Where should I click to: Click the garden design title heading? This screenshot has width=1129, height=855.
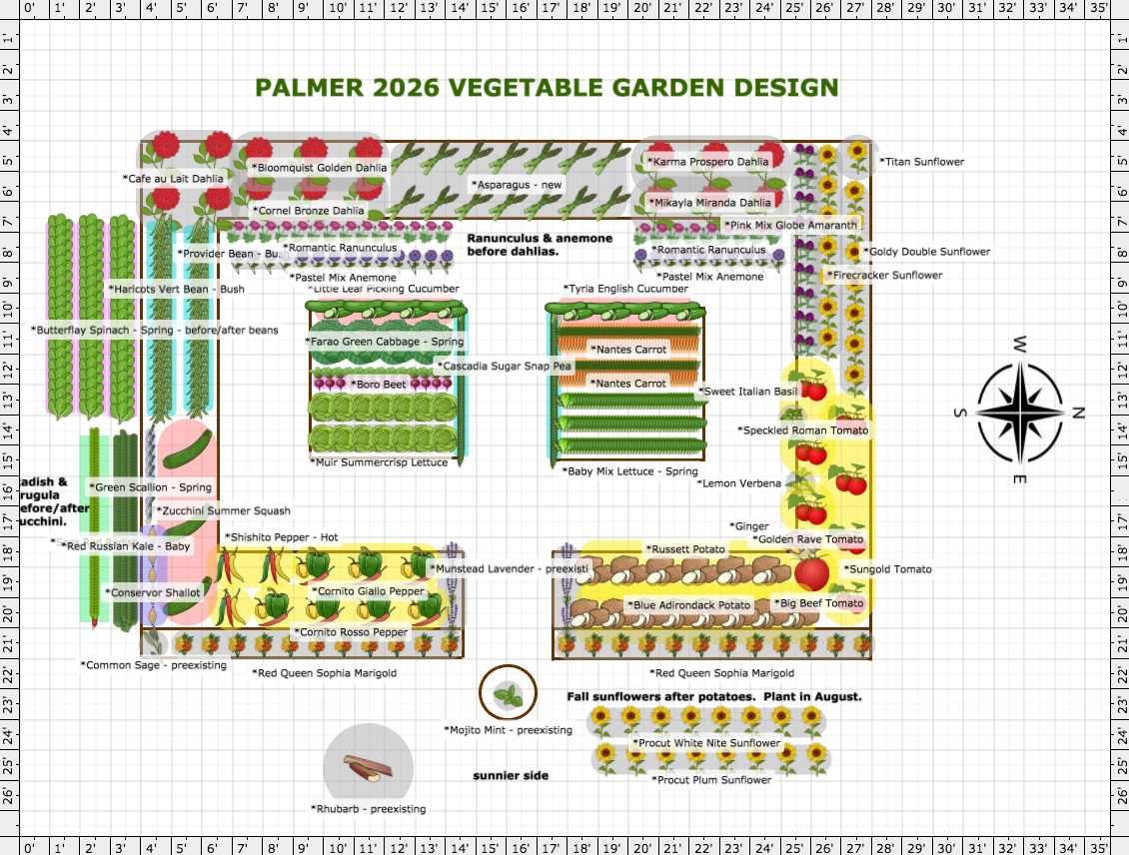(x=547, y=88)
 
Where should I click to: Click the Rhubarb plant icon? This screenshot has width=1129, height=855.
(x=368, y=767)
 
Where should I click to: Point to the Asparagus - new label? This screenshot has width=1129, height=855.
(x=516, y=184)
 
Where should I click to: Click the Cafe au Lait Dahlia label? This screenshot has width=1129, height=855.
(x=174, y=179)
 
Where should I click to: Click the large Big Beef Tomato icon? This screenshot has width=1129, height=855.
(x=811, y=573)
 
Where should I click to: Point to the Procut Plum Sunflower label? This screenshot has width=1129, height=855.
(x=711, y=779)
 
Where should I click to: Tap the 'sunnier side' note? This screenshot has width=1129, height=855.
(x=511, y=775)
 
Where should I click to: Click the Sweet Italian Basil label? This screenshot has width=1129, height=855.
(x=749, y=392)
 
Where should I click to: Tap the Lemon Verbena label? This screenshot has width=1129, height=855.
(x=739, y=483)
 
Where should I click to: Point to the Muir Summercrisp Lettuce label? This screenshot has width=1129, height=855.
(x=379, y=462)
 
